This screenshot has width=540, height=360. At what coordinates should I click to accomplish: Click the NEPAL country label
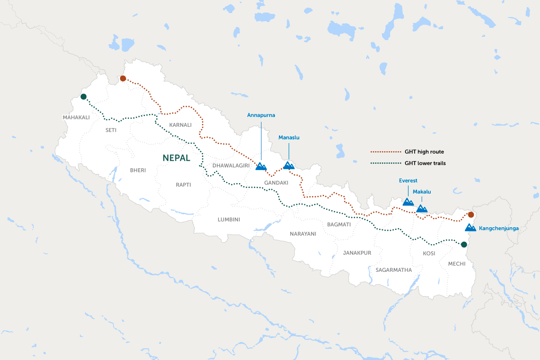[x=176, y=158]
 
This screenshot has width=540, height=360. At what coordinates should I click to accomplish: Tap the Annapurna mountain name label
[x=261, y=115]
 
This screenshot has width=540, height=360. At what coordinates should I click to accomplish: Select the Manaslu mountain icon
[x=289, y=166]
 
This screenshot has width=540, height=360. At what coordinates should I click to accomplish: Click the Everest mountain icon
[x=408, y=202]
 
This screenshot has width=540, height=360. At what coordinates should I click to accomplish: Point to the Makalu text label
[x=422, y=192]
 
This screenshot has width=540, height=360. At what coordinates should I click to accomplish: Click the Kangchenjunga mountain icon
[x=470, y=228]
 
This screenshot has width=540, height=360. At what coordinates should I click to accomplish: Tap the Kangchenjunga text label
[x=499, y=229]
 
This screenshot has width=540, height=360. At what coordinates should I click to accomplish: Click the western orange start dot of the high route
[x=123, y=79]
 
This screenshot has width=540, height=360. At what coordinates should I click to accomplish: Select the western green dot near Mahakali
[x=83, y=97]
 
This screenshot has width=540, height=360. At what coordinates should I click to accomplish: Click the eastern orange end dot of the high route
[x=471, y=215]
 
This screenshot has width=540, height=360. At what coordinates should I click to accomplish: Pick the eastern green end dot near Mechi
[x=463, y=244]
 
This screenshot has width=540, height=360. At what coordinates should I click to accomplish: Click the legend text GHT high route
[x=424, y=152]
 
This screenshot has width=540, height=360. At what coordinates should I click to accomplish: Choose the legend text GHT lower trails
[x=425, y=163]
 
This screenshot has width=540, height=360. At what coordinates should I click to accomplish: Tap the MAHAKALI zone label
[x=76, y=117]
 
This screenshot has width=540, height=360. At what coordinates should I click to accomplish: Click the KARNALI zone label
[x=180, y=125]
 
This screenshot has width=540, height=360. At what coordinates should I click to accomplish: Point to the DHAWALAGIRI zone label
[x=230, y=166]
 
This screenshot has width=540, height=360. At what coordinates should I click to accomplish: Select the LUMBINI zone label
[x=229, y=220]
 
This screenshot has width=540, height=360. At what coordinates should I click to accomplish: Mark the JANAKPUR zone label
[x=357, y=253]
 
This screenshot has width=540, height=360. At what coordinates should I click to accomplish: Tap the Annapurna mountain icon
[x=261, y=166]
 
